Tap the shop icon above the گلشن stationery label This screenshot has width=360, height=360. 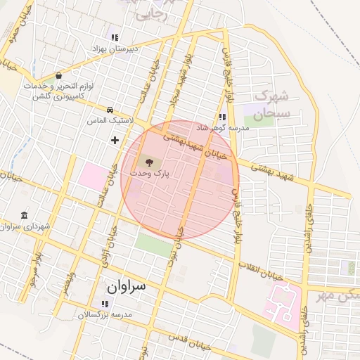point(58,75)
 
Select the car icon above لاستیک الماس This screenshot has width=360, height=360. point(110,110)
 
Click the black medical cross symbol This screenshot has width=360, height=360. point(115,140)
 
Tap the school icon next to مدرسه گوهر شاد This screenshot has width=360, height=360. point(223,117)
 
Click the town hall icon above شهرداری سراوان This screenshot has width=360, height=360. point(25,215)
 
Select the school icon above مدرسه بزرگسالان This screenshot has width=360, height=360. point(105,304)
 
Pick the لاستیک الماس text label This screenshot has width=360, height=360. point(110,121)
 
